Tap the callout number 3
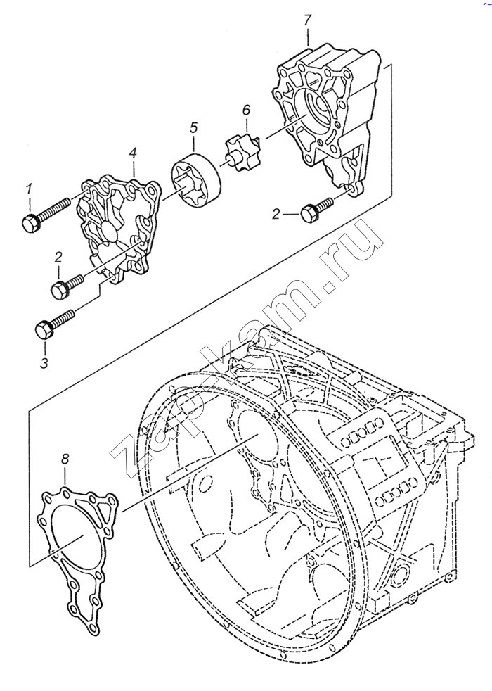tap(44, 363)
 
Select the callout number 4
tap(133, 152)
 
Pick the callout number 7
tap(307, 20)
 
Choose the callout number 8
tap(65, 459)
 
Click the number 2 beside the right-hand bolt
tap(276, 213)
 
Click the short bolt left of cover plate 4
tap(67, 285)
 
